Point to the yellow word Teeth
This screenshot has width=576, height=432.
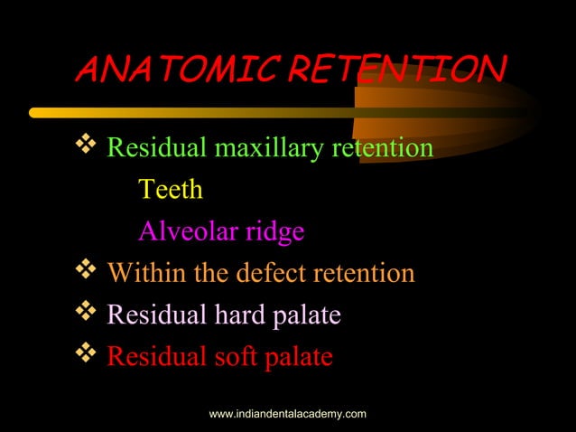pyautogui.click(x=170, y=191)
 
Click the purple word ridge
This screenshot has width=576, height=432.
pyautogui.click(x=276, y=233)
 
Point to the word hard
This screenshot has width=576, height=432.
pyautogui.click(x=237, y=315)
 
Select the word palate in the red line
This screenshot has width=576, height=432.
pyautogui.click(x=299, y=358)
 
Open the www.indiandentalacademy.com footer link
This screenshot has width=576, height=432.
pyautogui.click(x=287, y=414)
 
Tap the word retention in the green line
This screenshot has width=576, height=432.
pyautogui.click(x=381, y=148)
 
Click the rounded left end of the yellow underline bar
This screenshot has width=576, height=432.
pyautogui.click(x=34, y=113)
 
